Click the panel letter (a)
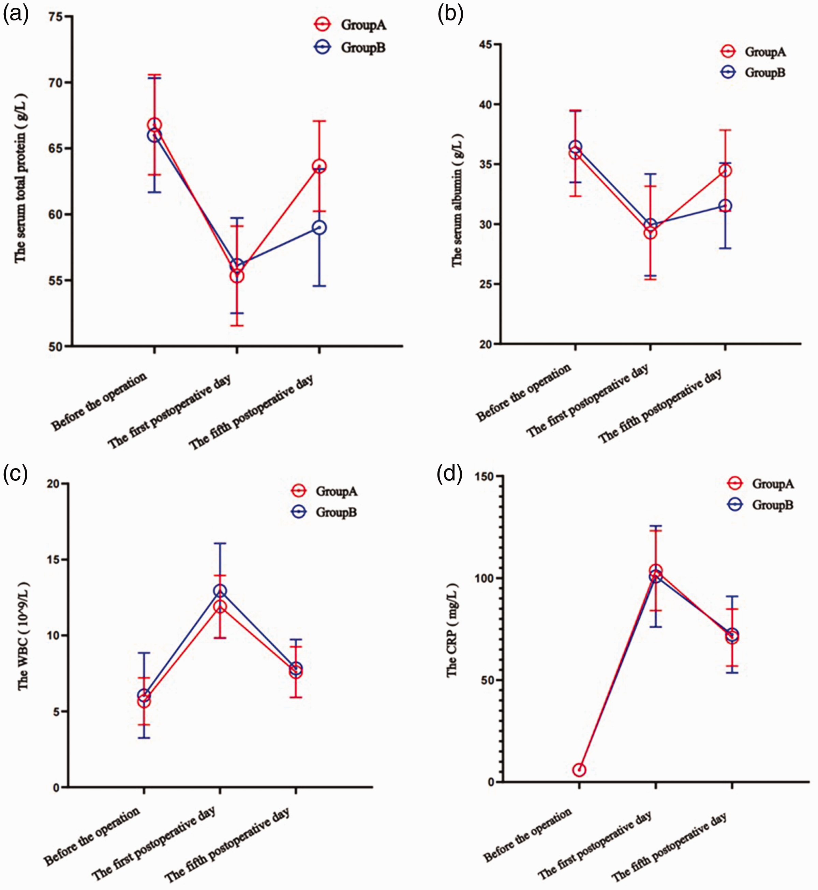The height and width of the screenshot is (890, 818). coord(16,14)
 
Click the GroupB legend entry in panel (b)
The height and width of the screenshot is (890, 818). coord(753,72)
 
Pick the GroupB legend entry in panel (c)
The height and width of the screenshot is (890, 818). coord(324,512)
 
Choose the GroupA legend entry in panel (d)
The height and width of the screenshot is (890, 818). coord(760,484)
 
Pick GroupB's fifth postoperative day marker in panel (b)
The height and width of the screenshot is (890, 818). coord(725,206)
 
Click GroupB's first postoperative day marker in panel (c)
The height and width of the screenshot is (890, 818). coord(220,590)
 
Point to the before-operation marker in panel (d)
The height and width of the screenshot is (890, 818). coord(579,770)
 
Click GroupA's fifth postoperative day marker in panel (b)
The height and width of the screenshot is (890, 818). coord(725,171)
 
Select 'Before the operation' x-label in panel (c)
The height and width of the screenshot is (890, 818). coord(92,837)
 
